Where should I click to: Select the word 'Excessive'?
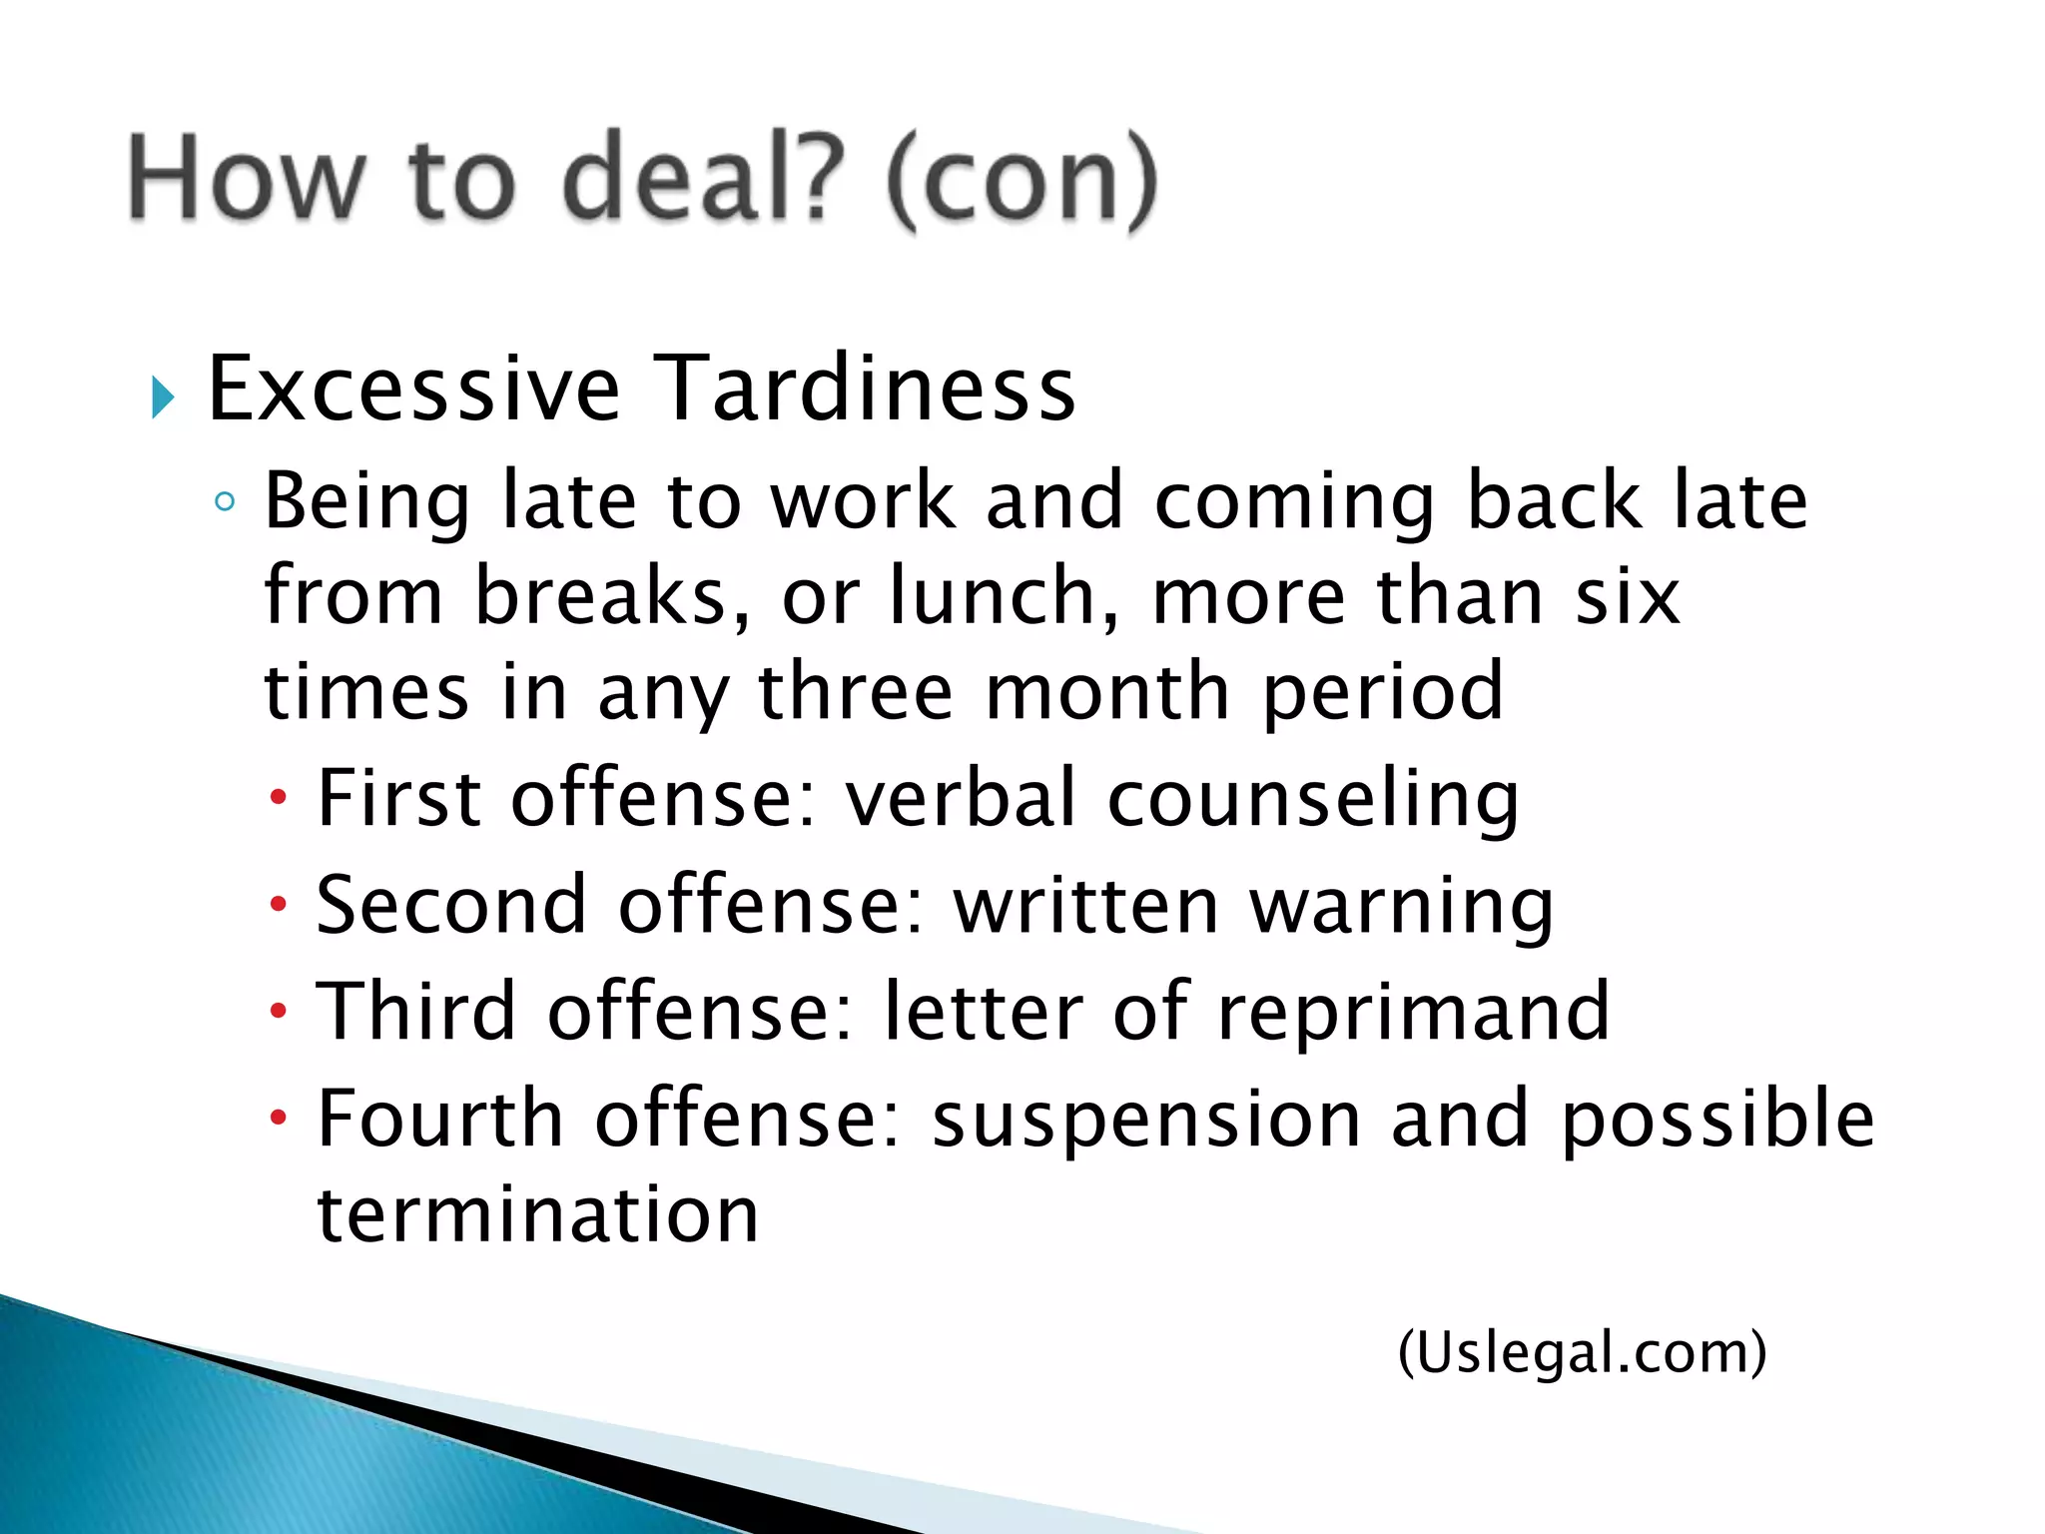(x=413, y=389)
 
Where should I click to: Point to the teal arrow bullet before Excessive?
(x=163, y=398)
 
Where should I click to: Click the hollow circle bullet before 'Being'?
(x=225, y=501)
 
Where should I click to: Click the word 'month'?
(x=1106, y=691)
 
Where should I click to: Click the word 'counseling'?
(x=1313, y=800)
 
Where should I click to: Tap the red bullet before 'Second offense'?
(x=279, y=905)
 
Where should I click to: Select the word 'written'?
(x=1085, y=905)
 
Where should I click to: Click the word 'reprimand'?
(x=1413, y=1013)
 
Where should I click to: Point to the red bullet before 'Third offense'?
(x=279, y=1012)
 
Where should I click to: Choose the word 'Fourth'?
(x=440, y=1119)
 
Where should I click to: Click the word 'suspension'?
(x=1146, y=1121)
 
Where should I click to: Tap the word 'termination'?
(x=538, y=1214)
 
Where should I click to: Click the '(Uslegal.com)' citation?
(x=1582, y=1353)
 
